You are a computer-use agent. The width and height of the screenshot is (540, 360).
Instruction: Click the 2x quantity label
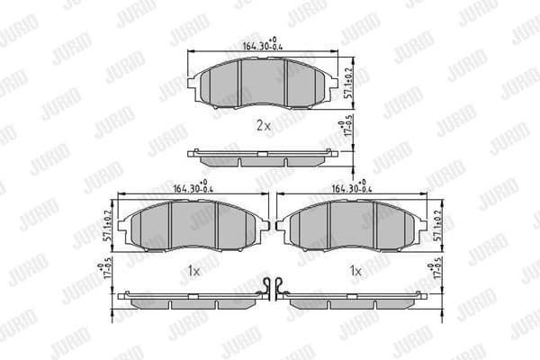tap(263, 126)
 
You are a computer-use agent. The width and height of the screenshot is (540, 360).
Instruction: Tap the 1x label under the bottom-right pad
tap(355, 270)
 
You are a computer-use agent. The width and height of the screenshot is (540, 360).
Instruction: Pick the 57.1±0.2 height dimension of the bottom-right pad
tap(438, 224)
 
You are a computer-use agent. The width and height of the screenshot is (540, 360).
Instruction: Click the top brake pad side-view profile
tap(261, 157)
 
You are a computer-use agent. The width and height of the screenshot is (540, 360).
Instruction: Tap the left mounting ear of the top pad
tap(192, 85)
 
